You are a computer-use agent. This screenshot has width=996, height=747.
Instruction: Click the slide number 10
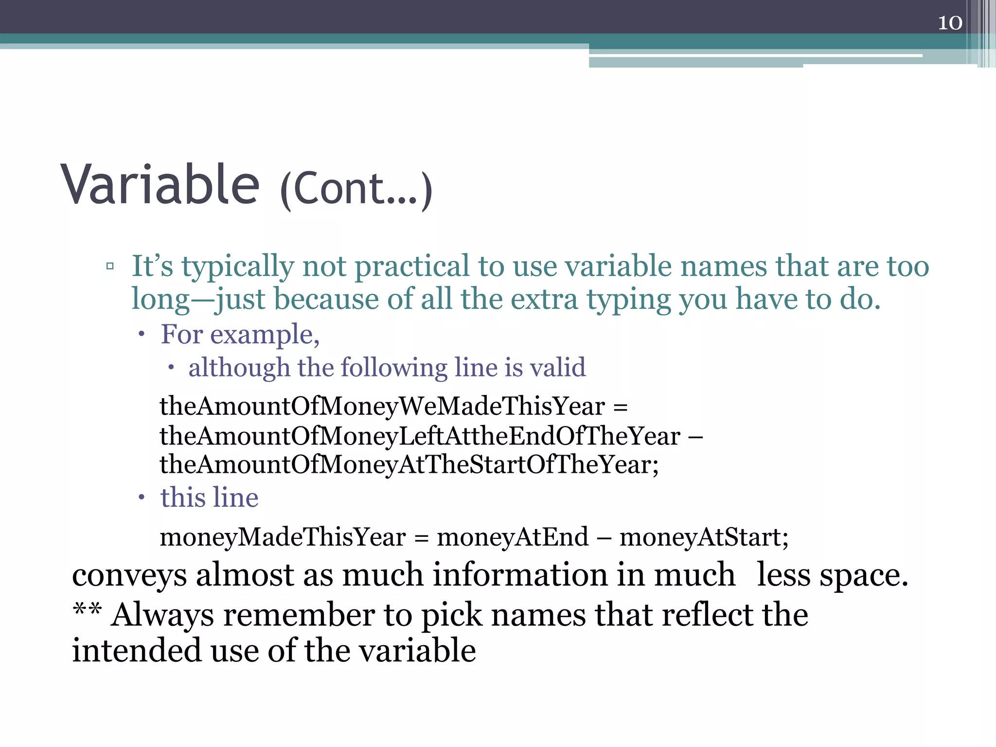click(x=950, y=23)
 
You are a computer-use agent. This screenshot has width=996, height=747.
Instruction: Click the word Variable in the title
click(x=160, y=185)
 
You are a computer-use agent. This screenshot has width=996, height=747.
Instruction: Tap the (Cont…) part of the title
click(x=356, y=189)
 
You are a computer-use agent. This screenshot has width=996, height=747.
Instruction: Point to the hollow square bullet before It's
click(x=110, y=266)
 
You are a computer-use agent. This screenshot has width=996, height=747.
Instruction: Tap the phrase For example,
click(x=240, y=335)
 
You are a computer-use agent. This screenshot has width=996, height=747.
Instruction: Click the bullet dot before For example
click(x=142, y=334)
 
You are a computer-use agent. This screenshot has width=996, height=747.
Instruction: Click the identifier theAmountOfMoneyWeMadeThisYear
click(x=382, y=407)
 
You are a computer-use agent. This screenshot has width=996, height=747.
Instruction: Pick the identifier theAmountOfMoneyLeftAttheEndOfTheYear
click(x=420, y=436)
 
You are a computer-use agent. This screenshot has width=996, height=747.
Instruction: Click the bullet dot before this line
click(x=142, y=497)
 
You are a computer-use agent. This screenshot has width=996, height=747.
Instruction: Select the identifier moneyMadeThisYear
click(x=283, y=537)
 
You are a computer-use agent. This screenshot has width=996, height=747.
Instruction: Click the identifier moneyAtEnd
click(x=513, y=537)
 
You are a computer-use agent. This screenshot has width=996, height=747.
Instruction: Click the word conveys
click(x=129, y=576)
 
